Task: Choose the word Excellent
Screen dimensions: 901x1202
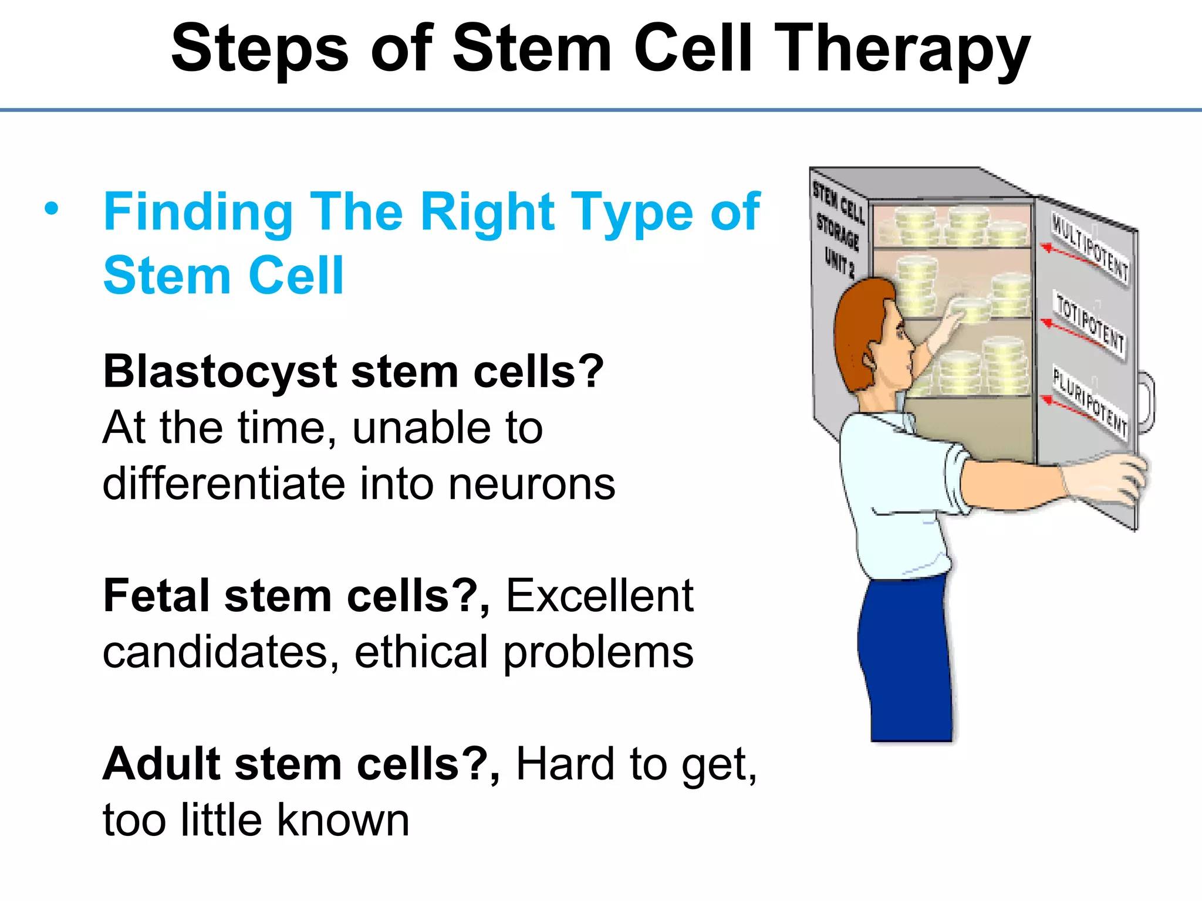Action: click(599, 596)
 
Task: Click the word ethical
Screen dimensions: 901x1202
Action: click(420, 652)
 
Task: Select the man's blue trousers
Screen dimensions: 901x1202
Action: click(907, 657)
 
